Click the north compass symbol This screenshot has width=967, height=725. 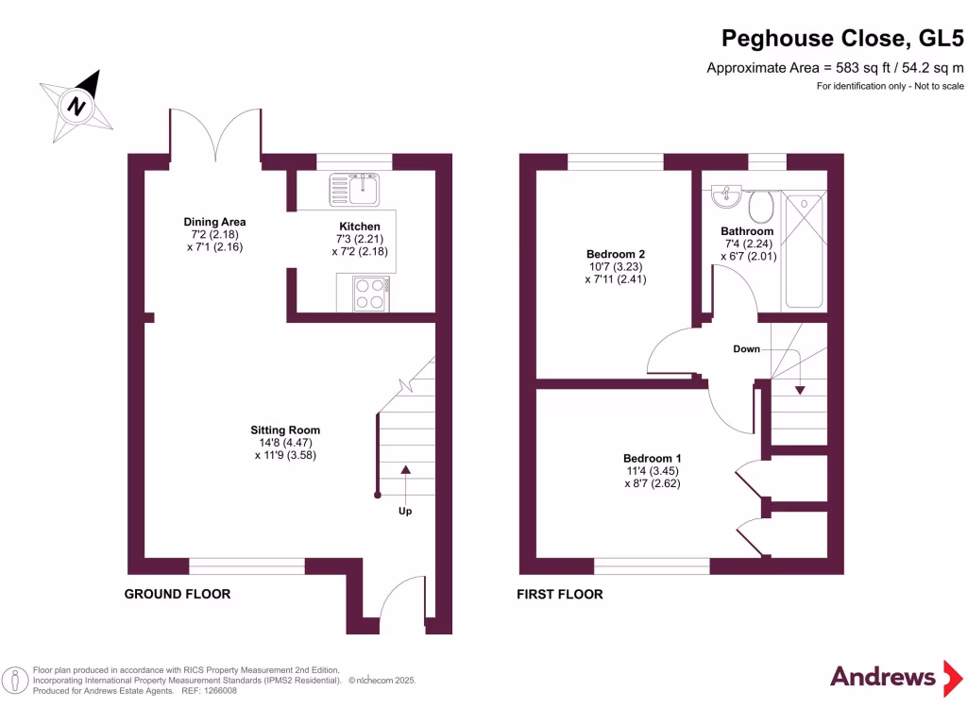click(x=76, y=105)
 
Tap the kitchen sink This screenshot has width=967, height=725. click(x=353, y=188)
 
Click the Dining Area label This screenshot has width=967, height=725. click(x=214, y=223)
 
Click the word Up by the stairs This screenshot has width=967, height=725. click(x=405, y=511)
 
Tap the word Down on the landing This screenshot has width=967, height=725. click(x=746, y=349)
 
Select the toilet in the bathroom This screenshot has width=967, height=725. click(x=760, y=204)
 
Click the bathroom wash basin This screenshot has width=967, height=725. click(x=725, y=196)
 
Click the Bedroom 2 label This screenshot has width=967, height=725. click(x=616, y=254)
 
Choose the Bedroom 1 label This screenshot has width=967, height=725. click(x=652, y=459)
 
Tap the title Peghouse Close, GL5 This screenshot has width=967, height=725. click(x=842, y=38)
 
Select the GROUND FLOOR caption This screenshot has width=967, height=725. click(x=178, y=594)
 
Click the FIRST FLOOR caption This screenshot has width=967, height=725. click(x=559, y=594)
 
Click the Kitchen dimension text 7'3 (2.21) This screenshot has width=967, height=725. click(x=360, y=240)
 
